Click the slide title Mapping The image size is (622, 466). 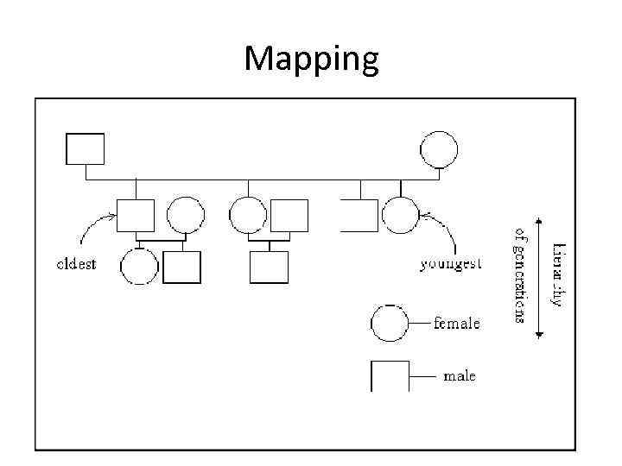tap(311, 60)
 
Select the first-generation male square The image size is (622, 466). tap(86, 148)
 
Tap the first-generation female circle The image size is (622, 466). tap(439, 149)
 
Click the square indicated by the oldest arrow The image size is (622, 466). tap(136, 216)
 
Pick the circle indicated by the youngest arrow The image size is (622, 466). tap(400, 216)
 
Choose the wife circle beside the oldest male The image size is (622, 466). tap(185, 216)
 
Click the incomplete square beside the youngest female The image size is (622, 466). tap(359, 216)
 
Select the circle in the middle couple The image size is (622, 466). tap(249, 216)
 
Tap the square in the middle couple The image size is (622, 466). tap(289, 216)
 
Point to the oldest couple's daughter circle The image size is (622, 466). tap(139, 267)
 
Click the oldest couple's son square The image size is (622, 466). tap(181, 267)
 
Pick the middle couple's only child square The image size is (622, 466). tap(269, 267)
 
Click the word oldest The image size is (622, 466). tap(76, 264)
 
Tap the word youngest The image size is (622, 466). tap(451, 264)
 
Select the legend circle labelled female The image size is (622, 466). tap(390, 324)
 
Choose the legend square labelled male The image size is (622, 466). tap(390, 376)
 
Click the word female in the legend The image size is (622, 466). tap(456, 324)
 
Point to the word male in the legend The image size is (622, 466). tap(459, 376)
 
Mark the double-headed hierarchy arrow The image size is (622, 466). tap(540, 276)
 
